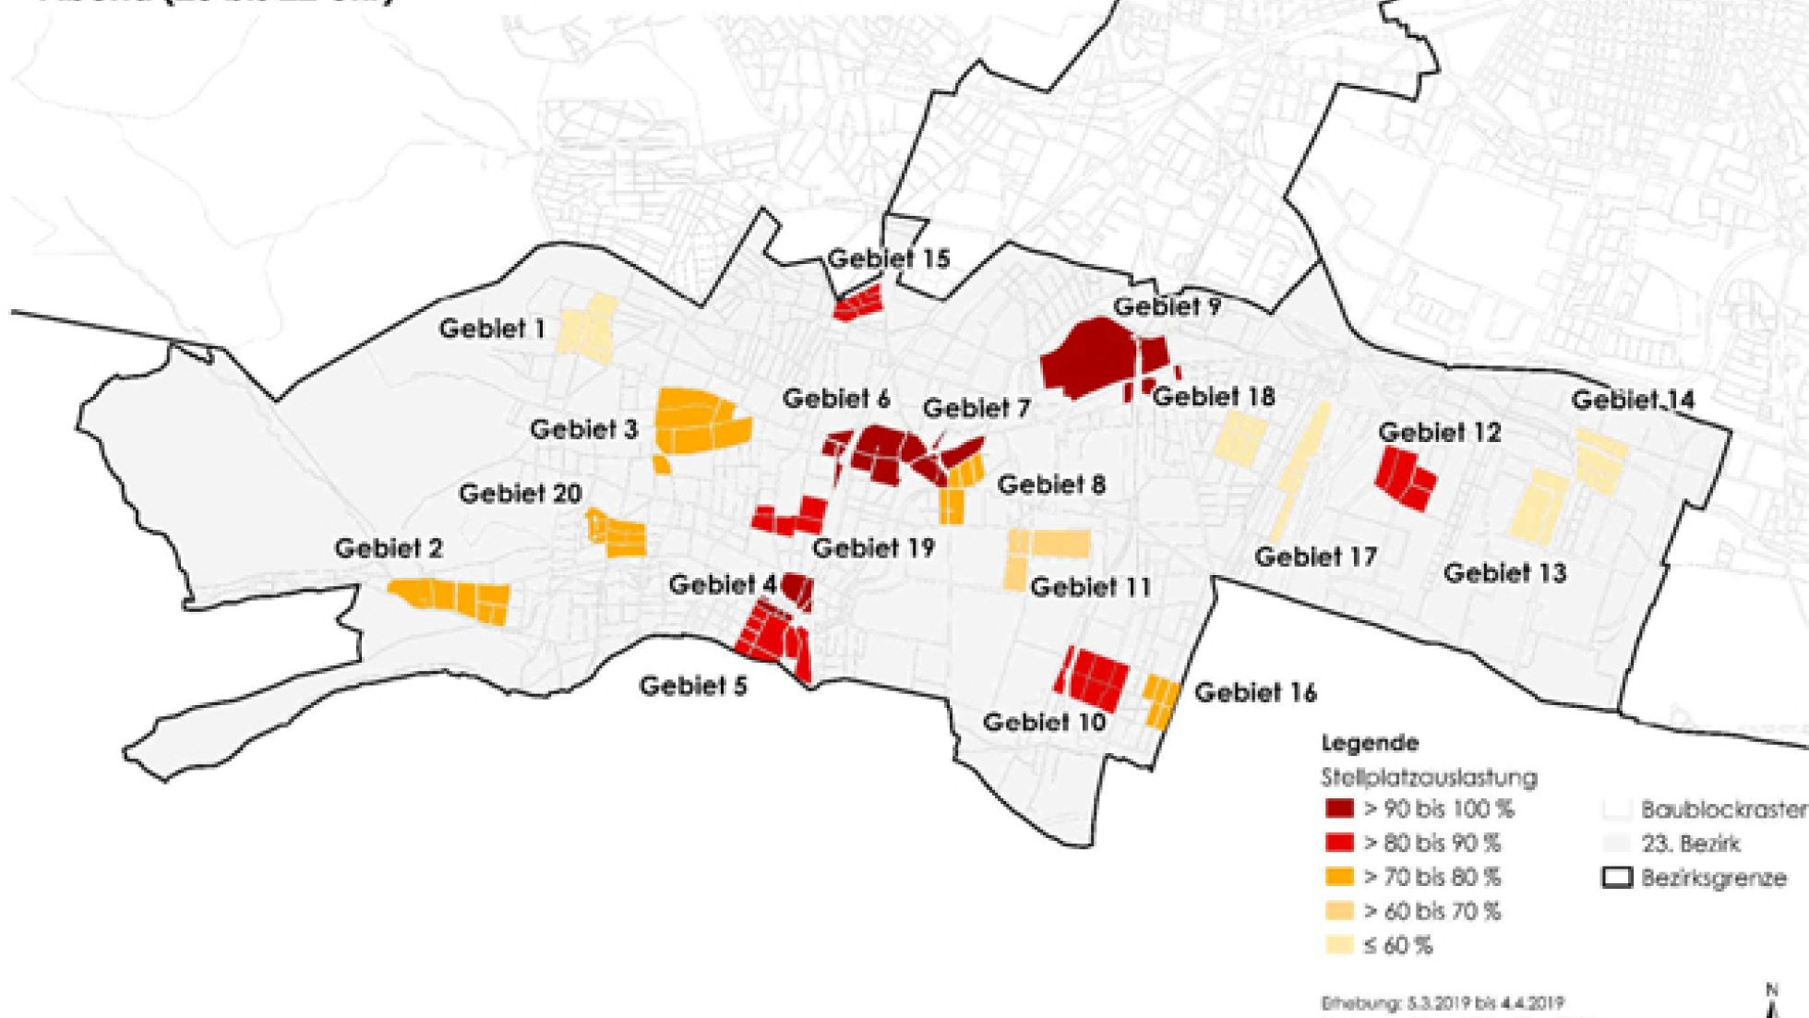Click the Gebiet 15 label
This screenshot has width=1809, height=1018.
pyautogui.click(x=888, y=258)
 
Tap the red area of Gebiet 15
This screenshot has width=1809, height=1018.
pyautogui.click(x=857, y=303)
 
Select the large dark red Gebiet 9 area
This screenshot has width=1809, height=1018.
pyautogui.click(x=1089, y=359)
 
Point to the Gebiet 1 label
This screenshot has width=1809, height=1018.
pyautogui.click(x=492, y=328)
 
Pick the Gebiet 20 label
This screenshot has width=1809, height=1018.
pyautogui.click(x=520, y=494)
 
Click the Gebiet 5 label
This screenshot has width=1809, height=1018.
pyautogui.click(x=693, y=686)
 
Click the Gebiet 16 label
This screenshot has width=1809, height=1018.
pyautogui.click(x=1255, y=692)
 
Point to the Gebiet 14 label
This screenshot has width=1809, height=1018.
pyautogui.click(x=1633, y=400)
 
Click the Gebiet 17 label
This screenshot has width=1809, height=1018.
pyautogui.click(x=1315, y=557)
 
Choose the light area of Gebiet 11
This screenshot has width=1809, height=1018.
pyautogui.click(x=1050, y=544)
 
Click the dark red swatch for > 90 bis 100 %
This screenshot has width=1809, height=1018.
pyautogui.click(x=1339, y=809)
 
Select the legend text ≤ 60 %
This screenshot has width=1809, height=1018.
pyautogui.click(x=1397, y=945)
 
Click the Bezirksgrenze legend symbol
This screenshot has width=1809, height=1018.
pyautogui.click(x=1617, y=878)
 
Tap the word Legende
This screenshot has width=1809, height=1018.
pyautogui.click(x=1370, y=743)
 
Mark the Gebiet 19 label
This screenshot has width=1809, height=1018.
pyautogui.click(x=873, y=547)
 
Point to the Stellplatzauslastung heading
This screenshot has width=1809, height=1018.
pyautogui.click(x=1429, y=777)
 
